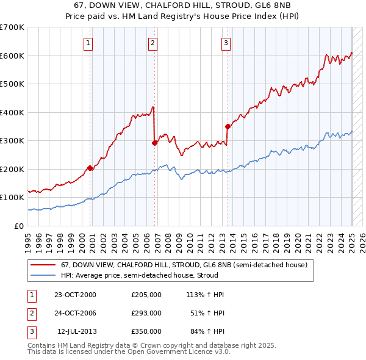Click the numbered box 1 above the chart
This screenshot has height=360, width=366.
click(89, 43)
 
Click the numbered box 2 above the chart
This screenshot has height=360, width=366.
click(152, 43)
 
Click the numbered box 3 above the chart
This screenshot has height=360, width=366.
click(226, 43)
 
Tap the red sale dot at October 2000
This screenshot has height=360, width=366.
click(90, 167)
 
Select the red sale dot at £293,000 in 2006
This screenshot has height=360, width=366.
click(154, 143)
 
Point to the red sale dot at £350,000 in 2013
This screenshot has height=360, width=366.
click(227, 126)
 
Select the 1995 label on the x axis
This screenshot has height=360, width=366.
click(27, 239)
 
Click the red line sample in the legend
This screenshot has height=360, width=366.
click(43, 265)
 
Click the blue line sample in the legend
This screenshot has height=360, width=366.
click(43, 275)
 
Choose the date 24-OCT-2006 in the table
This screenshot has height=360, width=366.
click(75, 313)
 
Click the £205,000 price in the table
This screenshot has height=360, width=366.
click(146, 295)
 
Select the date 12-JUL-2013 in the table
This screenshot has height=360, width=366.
click(76, 331)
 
